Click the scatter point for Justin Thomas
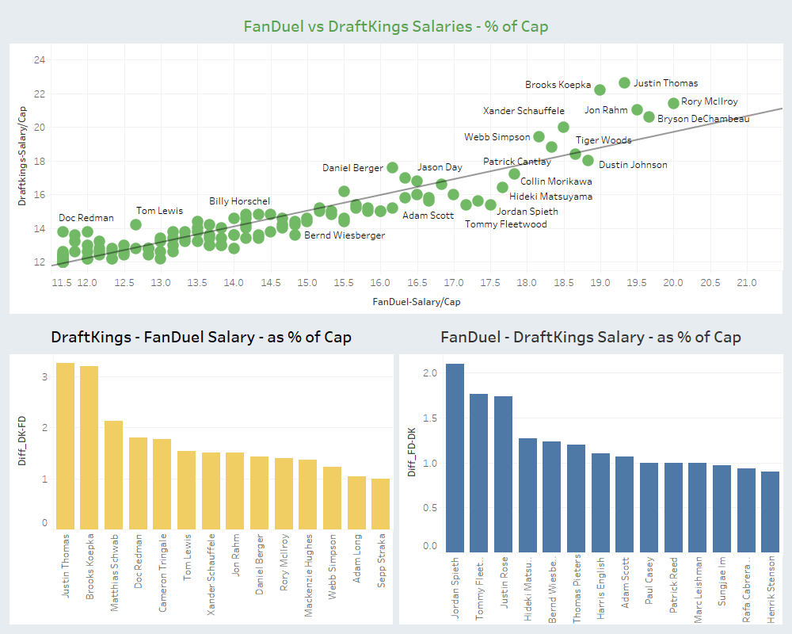[x=624, y=82]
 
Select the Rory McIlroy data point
[x=673, y=103]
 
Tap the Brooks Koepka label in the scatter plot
[x=558, y=85]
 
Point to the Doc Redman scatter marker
[x=63, y=231]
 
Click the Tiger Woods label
[x=604, y=140]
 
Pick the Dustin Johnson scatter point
[x=588, y=160]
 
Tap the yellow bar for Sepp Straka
[x=381, y=503]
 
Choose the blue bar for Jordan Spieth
[x=455, y=457]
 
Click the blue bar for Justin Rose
[x=504, y=473]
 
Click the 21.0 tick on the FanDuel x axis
[x=747, y=283]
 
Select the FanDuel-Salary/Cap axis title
[x=416, y=302]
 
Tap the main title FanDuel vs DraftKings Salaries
[x=396, y=26]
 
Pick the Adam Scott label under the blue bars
[x=626, y=582]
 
